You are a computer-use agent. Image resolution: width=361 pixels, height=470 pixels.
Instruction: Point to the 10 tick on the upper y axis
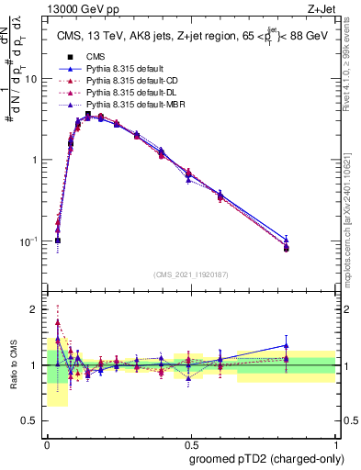[x=35, y=79]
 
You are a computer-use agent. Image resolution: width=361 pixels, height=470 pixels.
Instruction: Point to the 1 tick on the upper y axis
[x=38, y=160]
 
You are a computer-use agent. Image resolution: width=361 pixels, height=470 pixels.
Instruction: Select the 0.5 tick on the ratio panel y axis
[x=33, y=421]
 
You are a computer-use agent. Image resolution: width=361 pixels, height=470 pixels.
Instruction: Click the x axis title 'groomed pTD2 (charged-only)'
[x=265, y=458]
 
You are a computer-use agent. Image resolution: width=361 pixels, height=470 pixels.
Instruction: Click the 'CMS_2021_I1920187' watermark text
[x=190, y=274]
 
